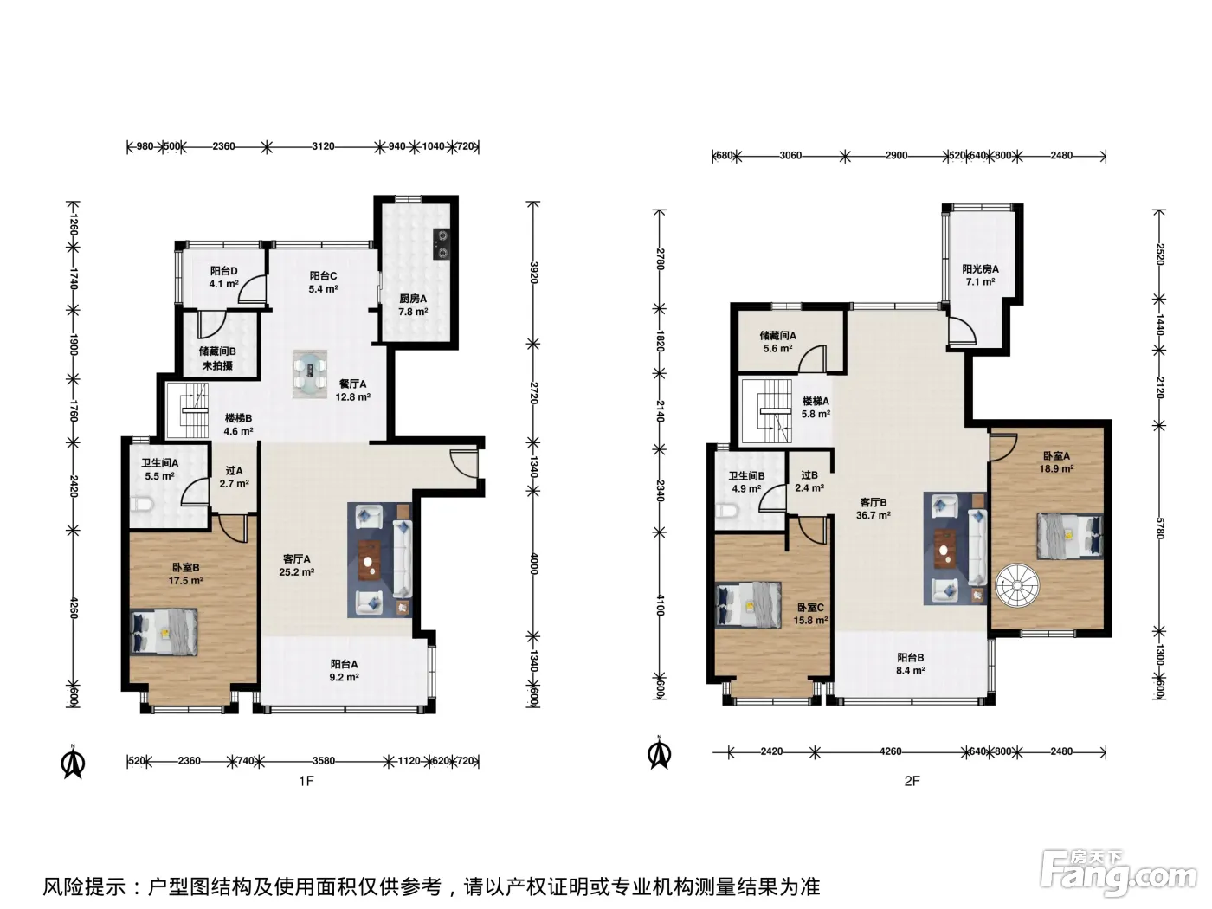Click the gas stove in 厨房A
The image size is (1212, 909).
tap(442, 244)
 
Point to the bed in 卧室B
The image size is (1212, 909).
tap(164, 632)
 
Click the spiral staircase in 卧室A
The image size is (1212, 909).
tap(1017, 585)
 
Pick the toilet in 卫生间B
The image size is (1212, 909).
tap(725, 511)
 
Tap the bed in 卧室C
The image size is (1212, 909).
tap(749, 605)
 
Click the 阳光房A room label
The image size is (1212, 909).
tap(980, 268)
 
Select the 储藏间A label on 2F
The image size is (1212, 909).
tap(777, 336)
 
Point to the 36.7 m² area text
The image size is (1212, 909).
tap(873, 515)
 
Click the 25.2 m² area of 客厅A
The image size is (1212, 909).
tap(297, 572)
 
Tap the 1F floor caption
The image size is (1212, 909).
tap(306, 780)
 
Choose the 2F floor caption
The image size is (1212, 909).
tap(912, 780)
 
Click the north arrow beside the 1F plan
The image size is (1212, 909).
tap(73, 762)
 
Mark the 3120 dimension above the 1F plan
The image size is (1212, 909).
tap(323, 146)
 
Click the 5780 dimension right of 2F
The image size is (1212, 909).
tap(1159, 527)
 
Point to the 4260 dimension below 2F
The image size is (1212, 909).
tap(890, 751)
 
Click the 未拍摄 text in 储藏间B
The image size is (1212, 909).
tap(217, 365)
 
